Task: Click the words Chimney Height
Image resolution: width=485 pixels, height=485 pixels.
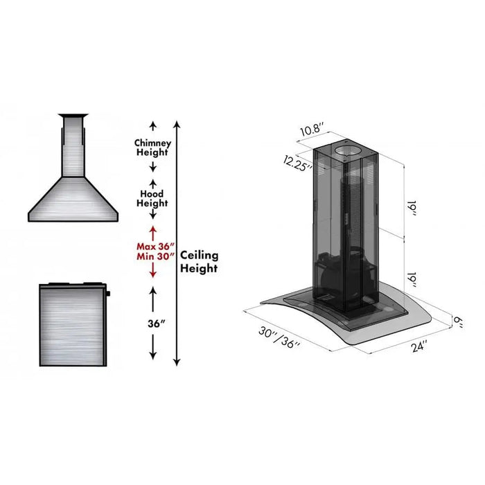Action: (152, 147)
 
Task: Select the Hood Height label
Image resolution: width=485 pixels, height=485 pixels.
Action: (152, 199)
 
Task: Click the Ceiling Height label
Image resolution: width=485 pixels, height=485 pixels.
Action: (200, 261)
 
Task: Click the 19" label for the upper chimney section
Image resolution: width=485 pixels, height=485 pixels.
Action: (411, 209)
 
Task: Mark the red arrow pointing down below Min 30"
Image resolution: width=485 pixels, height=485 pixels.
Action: (152, 273)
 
